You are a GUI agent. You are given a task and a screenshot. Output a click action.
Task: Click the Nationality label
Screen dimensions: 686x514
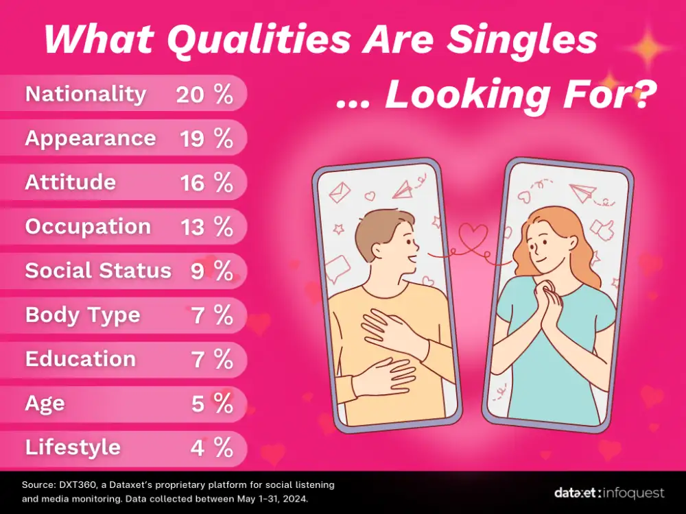[86, 95]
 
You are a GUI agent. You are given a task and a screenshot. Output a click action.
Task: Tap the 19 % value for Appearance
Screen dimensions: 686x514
[206, 138]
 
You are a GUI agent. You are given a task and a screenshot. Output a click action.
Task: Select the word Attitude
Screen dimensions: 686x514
[71, 182]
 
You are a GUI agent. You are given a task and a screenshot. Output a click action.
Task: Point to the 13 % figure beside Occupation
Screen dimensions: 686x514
[206, 227]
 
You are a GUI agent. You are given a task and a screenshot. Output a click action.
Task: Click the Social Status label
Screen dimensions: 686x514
[98, 271]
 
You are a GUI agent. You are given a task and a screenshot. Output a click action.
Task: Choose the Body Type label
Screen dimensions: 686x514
[83, 315]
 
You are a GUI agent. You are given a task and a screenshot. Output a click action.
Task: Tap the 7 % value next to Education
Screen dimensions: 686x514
[212, 359]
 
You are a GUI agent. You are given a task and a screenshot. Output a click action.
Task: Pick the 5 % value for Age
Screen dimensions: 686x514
[212, 404]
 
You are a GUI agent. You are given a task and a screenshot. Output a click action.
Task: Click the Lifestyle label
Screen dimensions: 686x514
[73, 448]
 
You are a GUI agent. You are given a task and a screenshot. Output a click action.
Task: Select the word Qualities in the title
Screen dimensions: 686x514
[259, 39]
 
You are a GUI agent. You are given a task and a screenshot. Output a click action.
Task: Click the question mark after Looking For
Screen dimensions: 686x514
[644, 94]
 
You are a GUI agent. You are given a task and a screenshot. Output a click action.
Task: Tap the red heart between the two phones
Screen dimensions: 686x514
[473, 236]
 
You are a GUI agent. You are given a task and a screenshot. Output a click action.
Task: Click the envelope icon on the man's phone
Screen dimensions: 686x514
[340, 193]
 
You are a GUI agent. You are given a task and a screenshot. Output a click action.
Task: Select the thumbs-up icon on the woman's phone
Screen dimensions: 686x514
[602, 230]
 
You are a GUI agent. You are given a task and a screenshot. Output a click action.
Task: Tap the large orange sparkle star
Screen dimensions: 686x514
[648, 48]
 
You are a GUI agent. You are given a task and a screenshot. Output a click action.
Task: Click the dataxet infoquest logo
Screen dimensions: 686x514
[609, 493]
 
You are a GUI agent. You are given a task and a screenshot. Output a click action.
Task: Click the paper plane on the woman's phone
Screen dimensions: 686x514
[583, 193]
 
